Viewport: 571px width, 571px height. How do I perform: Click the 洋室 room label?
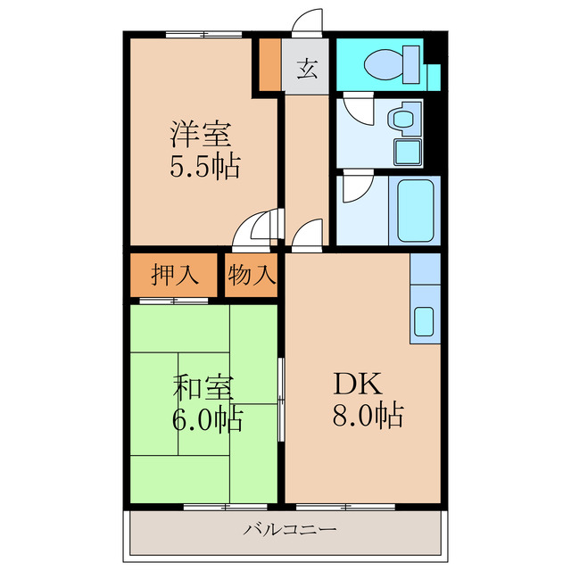tap(201, 136)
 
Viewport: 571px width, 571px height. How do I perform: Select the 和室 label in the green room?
tap(203, 389)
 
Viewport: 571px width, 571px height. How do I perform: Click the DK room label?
tap(358, 384)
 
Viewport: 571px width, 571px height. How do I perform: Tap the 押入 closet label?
tap(174, 276)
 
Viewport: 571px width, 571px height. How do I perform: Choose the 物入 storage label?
tap(251, 276)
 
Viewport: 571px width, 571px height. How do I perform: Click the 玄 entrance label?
tap(307, 68)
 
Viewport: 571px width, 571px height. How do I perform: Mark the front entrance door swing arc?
tap(309, 21)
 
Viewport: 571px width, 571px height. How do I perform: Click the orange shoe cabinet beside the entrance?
tap(269, 64)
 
